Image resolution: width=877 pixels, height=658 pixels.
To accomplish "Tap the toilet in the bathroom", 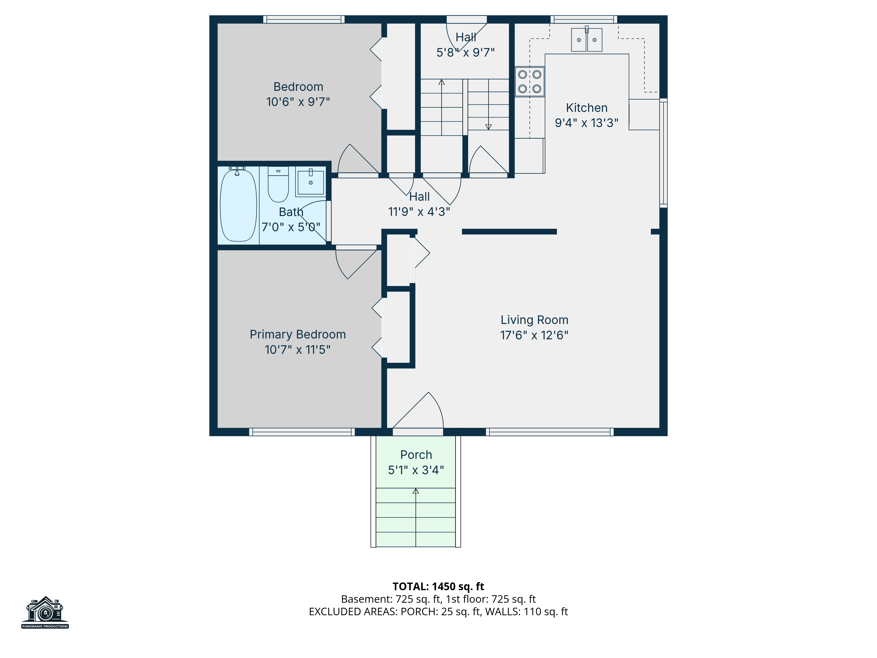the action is pyautogui.click(x=278, y=184).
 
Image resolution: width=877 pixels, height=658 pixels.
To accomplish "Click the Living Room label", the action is pyautogui.click(x=535, y=320).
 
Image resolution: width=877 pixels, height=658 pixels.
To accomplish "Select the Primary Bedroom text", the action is pyautogui.click(x=298, y=334).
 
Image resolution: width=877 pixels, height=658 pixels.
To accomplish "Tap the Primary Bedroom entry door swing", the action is pyautogui.click(x=356, y=265).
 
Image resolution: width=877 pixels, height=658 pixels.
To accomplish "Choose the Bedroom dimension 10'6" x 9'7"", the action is pyautogui.click(x=298, y=102).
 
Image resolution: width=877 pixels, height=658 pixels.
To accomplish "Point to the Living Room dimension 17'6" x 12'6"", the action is pyautogui.click(x=535, y=335).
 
